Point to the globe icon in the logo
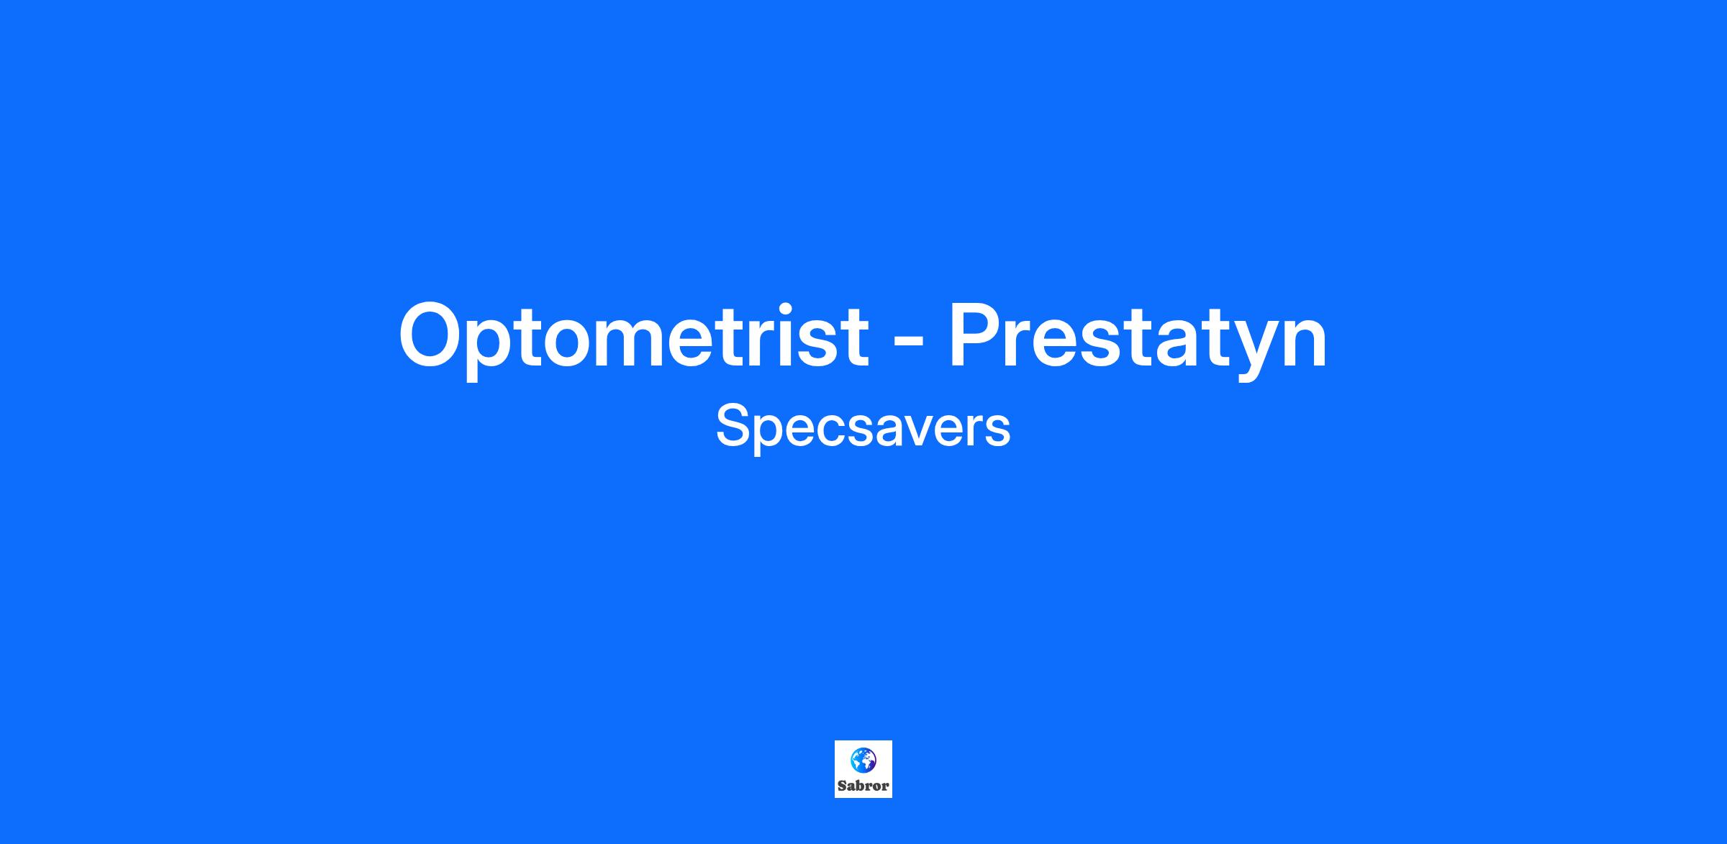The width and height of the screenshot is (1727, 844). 863,760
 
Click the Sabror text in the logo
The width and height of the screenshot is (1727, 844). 863,786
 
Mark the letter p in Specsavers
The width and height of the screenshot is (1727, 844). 773,435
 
